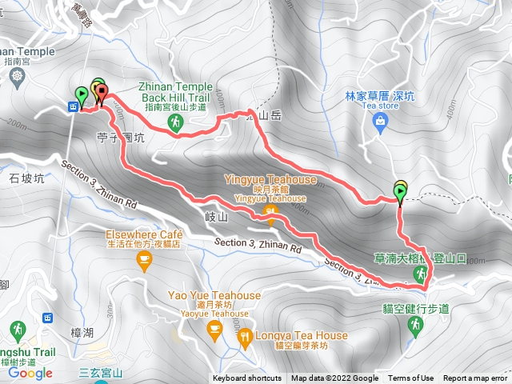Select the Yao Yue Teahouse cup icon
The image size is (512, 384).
click(x=214, y=328)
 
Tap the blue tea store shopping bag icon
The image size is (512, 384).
click(x=380, y=122)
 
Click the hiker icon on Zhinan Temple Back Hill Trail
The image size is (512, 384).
click(x=175, y=122)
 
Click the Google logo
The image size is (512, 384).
click(x=30, y=373)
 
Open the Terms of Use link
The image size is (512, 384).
click(x=410, y=378)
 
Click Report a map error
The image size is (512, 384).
click(x=476, y=378)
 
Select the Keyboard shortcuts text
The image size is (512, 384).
click(x=246, y=378)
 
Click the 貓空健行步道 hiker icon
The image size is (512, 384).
click(x=414, y=324)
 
